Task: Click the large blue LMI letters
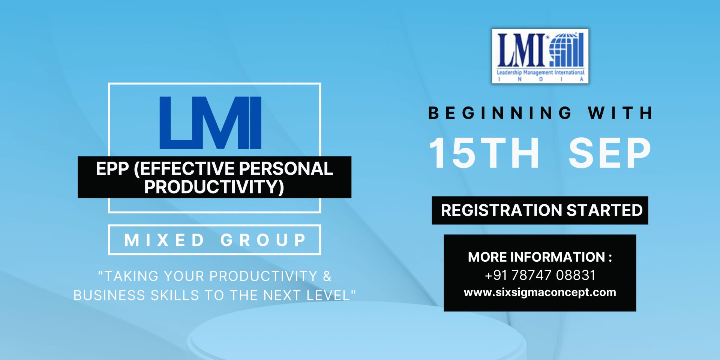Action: (210, 123)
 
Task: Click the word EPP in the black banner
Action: (112, 169)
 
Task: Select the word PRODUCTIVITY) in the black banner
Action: (214, 187)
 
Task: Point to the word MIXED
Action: (164, 240)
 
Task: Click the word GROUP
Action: (264, 240)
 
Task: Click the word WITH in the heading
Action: (621, 113)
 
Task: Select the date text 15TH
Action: (484, 153)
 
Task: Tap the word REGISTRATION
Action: (501, 210)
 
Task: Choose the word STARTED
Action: (604, 210)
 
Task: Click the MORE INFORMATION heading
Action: (540, 257)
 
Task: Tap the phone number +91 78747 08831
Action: (540, 275)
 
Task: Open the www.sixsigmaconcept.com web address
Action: (540, 292)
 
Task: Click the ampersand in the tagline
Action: (327, 276)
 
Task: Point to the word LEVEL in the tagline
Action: (328, 295)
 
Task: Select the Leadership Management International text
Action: (540, 72)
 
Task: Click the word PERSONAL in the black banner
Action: (286, 169)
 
